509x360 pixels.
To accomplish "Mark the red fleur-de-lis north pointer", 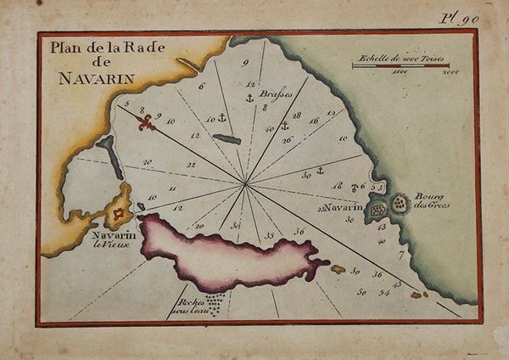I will [x=148, y=124].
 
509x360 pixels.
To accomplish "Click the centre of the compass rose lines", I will [x=245, y=183].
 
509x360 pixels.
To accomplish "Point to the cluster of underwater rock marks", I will [x=214, y=304].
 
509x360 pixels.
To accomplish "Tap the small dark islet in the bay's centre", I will [x=227, y=139].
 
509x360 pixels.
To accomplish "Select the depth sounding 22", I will [x=191, y=165].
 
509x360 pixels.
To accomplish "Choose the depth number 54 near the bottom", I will [x=384, y=293].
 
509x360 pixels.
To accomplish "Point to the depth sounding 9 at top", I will [x=244, y=63].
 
